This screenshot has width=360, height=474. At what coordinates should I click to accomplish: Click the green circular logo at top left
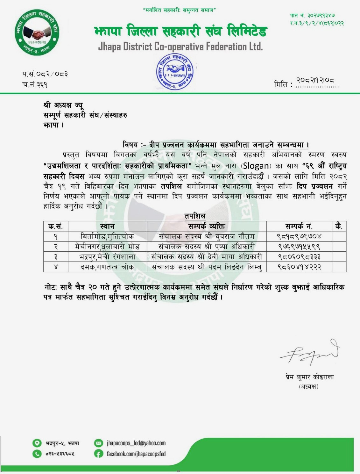37,32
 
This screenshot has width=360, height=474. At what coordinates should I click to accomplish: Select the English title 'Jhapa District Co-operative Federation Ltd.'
180,47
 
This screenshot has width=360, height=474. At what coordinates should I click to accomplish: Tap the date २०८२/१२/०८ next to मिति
315,81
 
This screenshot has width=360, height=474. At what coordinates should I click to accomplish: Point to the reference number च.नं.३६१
35,85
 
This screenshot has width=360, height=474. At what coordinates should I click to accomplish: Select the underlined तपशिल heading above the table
195,216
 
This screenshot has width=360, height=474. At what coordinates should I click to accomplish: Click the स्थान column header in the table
107,226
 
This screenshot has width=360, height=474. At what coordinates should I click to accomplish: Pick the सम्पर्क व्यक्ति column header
207,226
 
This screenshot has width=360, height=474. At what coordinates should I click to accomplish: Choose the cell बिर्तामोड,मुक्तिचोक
107,236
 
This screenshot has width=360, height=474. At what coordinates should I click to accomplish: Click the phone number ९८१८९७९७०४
299,236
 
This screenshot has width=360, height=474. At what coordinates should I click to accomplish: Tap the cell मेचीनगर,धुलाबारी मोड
107,247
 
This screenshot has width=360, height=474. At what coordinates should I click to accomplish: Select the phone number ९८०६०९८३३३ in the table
299,257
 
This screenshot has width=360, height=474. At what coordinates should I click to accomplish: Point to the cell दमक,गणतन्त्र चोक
107,267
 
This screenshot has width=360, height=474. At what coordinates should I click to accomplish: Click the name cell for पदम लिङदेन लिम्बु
207,267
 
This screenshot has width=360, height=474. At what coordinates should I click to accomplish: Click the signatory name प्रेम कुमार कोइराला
309,377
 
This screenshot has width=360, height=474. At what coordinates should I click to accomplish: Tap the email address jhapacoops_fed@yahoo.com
136,443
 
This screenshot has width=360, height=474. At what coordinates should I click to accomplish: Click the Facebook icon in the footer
99,454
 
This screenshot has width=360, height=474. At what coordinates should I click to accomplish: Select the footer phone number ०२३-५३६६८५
60,454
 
